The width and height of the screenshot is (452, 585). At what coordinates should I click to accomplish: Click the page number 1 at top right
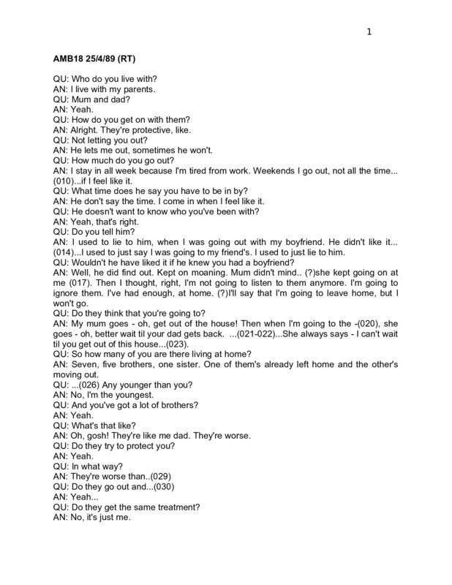click(369, 31)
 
